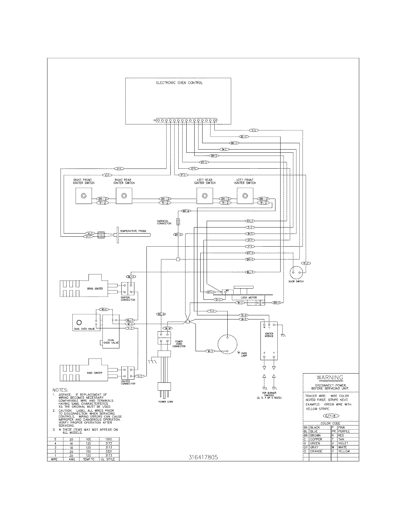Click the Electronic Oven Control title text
179,83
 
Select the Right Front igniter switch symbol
83,196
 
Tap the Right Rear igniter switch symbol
124,196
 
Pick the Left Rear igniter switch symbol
205,196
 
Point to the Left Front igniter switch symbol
245,196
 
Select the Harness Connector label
164,222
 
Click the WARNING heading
330,378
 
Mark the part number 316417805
203,458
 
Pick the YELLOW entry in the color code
344,451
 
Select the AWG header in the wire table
72,459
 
